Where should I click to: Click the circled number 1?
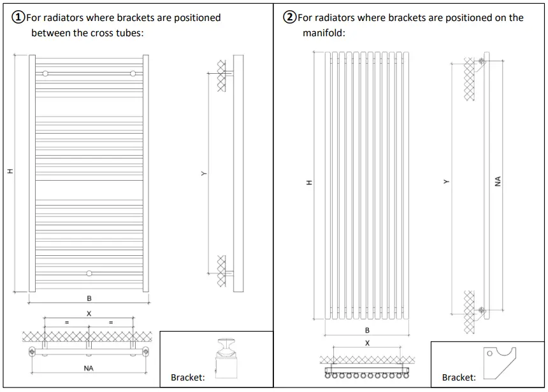point(18,18)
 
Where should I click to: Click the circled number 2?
point(290,18)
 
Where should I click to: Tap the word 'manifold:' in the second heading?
point(324,33)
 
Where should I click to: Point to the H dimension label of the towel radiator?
point(10,171)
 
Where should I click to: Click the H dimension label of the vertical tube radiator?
point(310,183)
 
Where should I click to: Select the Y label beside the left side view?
point(203,173)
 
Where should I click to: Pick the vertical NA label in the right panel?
point(497,182)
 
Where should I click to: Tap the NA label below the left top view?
point(89,368)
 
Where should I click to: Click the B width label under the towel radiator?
point(89,298)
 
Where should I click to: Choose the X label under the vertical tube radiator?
point(367,343)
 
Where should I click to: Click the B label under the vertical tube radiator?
point(367,330)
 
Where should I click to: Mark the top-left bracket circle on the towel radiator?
point(45,74)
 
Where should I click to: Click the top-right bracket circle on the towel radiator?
point(133,74)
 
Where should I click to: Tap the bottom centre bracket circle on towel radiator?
point(89,274)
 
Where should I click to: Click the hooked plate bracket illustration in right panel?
point(499,362)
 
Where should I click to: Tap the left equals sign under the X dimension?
point(66,323)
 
